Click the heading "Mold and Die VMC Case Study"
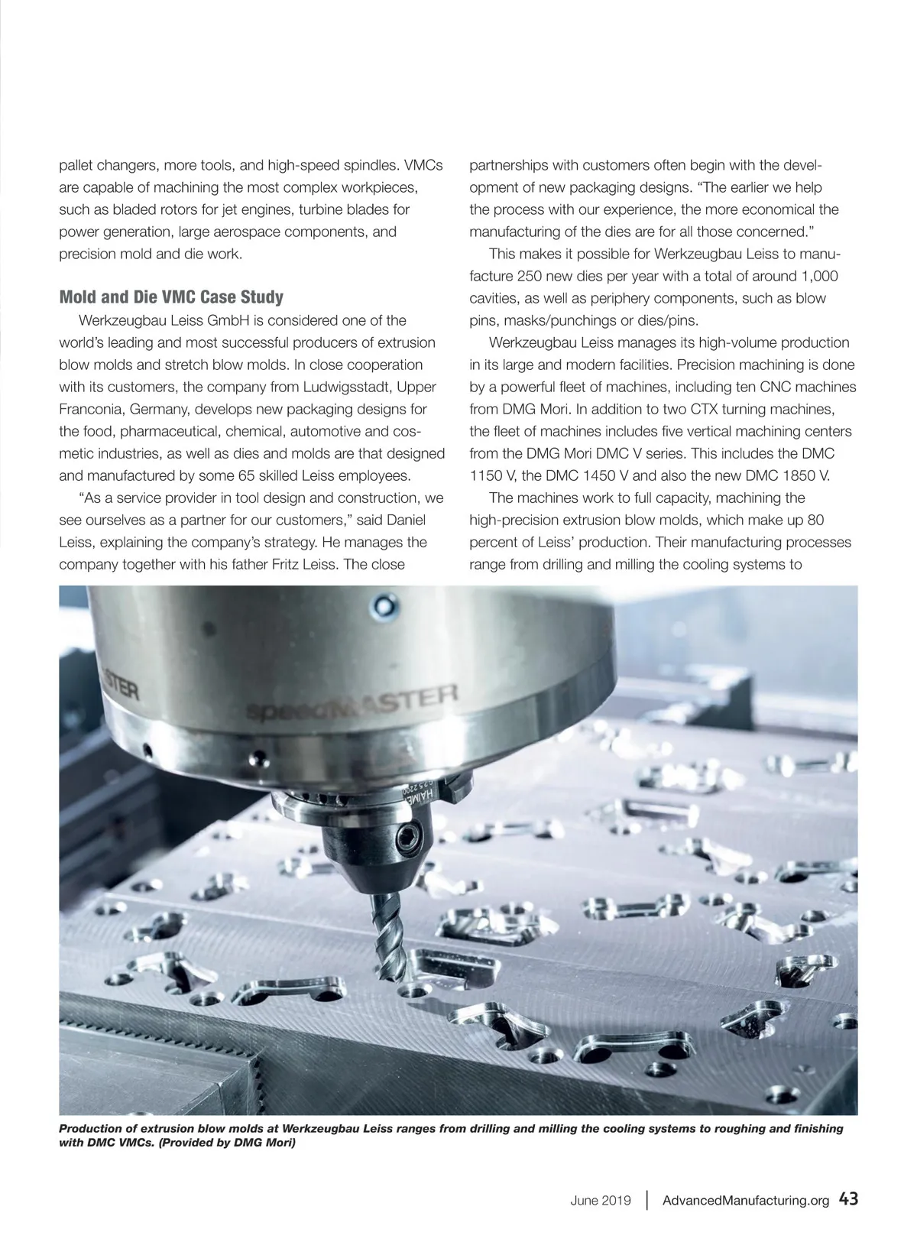click(x=171, y=297)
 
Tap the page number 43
click(x=848, y=1198)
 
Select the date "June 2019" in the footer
click(x=600, y=1200)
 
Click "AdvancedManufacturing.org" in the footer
click(x=745, y=1200)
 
